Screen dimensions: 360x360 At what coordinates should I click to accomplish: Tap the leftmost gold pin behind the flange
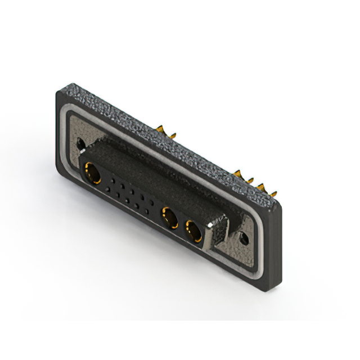click(x=160, y=130)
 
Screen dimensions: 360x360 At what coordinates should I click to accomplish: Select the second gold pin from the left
click(x=172, y=135)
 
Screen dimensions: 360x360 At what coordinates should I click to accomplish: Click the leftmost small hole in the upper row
click(x=114, y=182)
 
